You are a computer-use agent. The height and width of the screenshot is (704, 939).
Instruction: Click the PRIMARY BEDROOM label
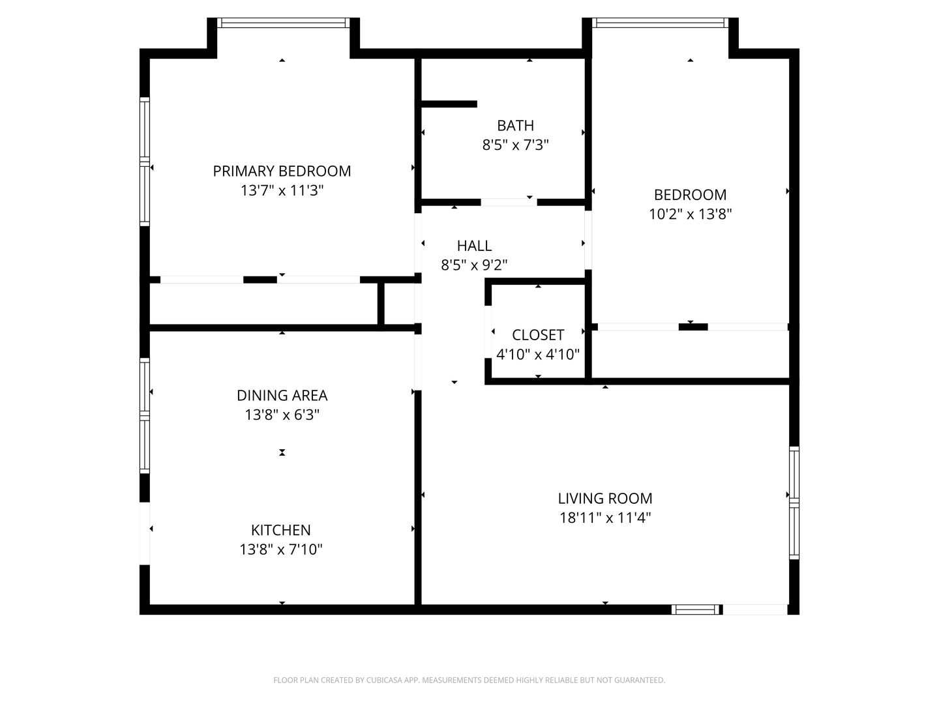click(282, 171)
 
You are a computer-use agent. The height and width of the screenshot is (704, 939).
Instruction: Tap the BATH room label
click(515, 126)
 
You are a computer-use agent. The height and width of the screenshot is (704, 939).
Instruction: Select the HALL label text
click(474, 246)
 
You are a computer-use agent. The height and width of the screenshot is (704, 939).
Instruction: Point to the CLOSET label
click(538, 335)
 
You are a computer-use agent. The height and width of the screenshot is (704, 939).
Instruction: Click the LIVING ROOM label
click(605, 499)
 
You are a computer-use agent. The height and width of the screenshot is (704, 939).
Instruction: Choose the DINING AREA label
click(282, 396)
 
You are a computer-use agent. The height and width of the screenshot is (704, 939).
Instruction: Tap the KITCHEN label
click(280, 530)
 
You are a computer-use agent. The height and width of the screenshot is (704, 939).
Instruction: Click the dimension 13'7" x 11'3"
click(282, 190)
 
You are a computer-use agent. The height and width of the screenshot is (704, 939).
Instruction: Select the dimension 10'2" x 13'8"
click(690, 214)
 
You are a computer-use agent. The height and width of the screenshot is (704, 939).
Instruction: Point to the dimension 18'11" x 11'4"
click(605, 518)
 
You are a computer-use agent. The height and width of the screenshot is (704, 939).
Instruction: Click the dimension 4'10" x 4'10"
click(538, 355)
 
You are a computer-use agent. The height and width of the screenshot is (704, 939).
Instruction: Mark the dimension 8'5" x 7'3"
click(515, 145)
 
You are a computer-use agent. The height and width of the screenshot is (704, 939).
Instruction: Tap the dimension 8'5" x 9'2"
click(474, 265)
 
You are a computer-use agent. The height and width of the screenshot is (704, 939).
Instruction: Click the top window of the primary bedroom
click(283, 23)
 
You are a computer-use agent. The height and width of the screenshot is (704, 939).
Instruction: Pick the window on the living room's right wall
click(794, 503)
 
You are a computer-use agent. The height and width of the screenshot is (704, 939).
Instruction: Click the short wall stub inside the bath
click(449, 104)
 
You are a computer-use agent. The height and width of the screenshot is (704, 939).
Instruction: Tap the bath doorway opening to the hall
click(509, 202)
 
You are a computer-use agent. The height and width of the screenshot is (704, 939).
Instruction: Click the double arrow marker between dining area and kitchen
click(282, 452)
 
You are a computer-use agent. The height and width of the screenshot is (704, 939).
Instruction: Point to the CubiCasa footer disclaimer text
click(469, 680)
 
